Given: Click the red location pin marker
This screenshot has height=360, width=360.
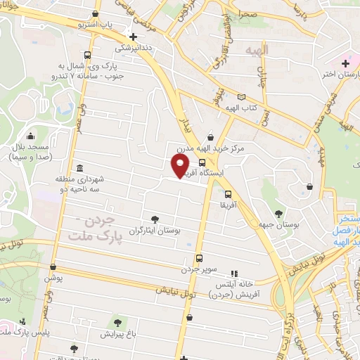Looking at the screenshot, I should (x=180, y=165).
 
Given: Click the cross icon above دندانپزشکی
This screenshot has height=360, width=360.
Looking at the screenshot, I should (x=133, y=37).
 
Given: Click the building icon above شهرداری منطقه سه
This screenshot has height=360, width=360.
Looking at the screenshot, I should (x=79, y=169).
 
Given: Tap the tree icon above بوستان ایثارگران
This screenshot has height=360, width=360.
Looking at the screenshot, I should (x=155, y=219).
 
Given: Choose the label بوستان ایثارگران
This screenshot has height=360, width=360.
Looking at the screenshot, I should (x=155, y=231).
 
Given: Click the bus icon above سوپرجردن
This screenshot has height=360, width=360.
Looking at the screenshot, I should (x=199, y=258).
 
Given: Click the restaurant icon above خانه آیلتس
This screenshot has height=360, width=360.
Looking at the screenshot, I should (x=234, y=273).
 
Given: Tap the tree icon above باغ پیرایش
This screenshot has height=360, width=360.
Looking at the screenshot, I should (x=116, y=323).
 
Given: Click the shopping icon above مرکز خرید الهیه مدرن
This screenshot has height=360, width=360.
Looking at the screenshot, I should (x=210, y=137).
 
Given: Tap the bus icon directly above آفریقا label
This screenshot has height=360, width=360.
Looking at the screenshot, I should (x=227, y=195).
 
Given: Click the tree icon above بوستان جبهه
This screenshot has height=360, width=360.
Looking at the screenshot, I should (x=279, y=212).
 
